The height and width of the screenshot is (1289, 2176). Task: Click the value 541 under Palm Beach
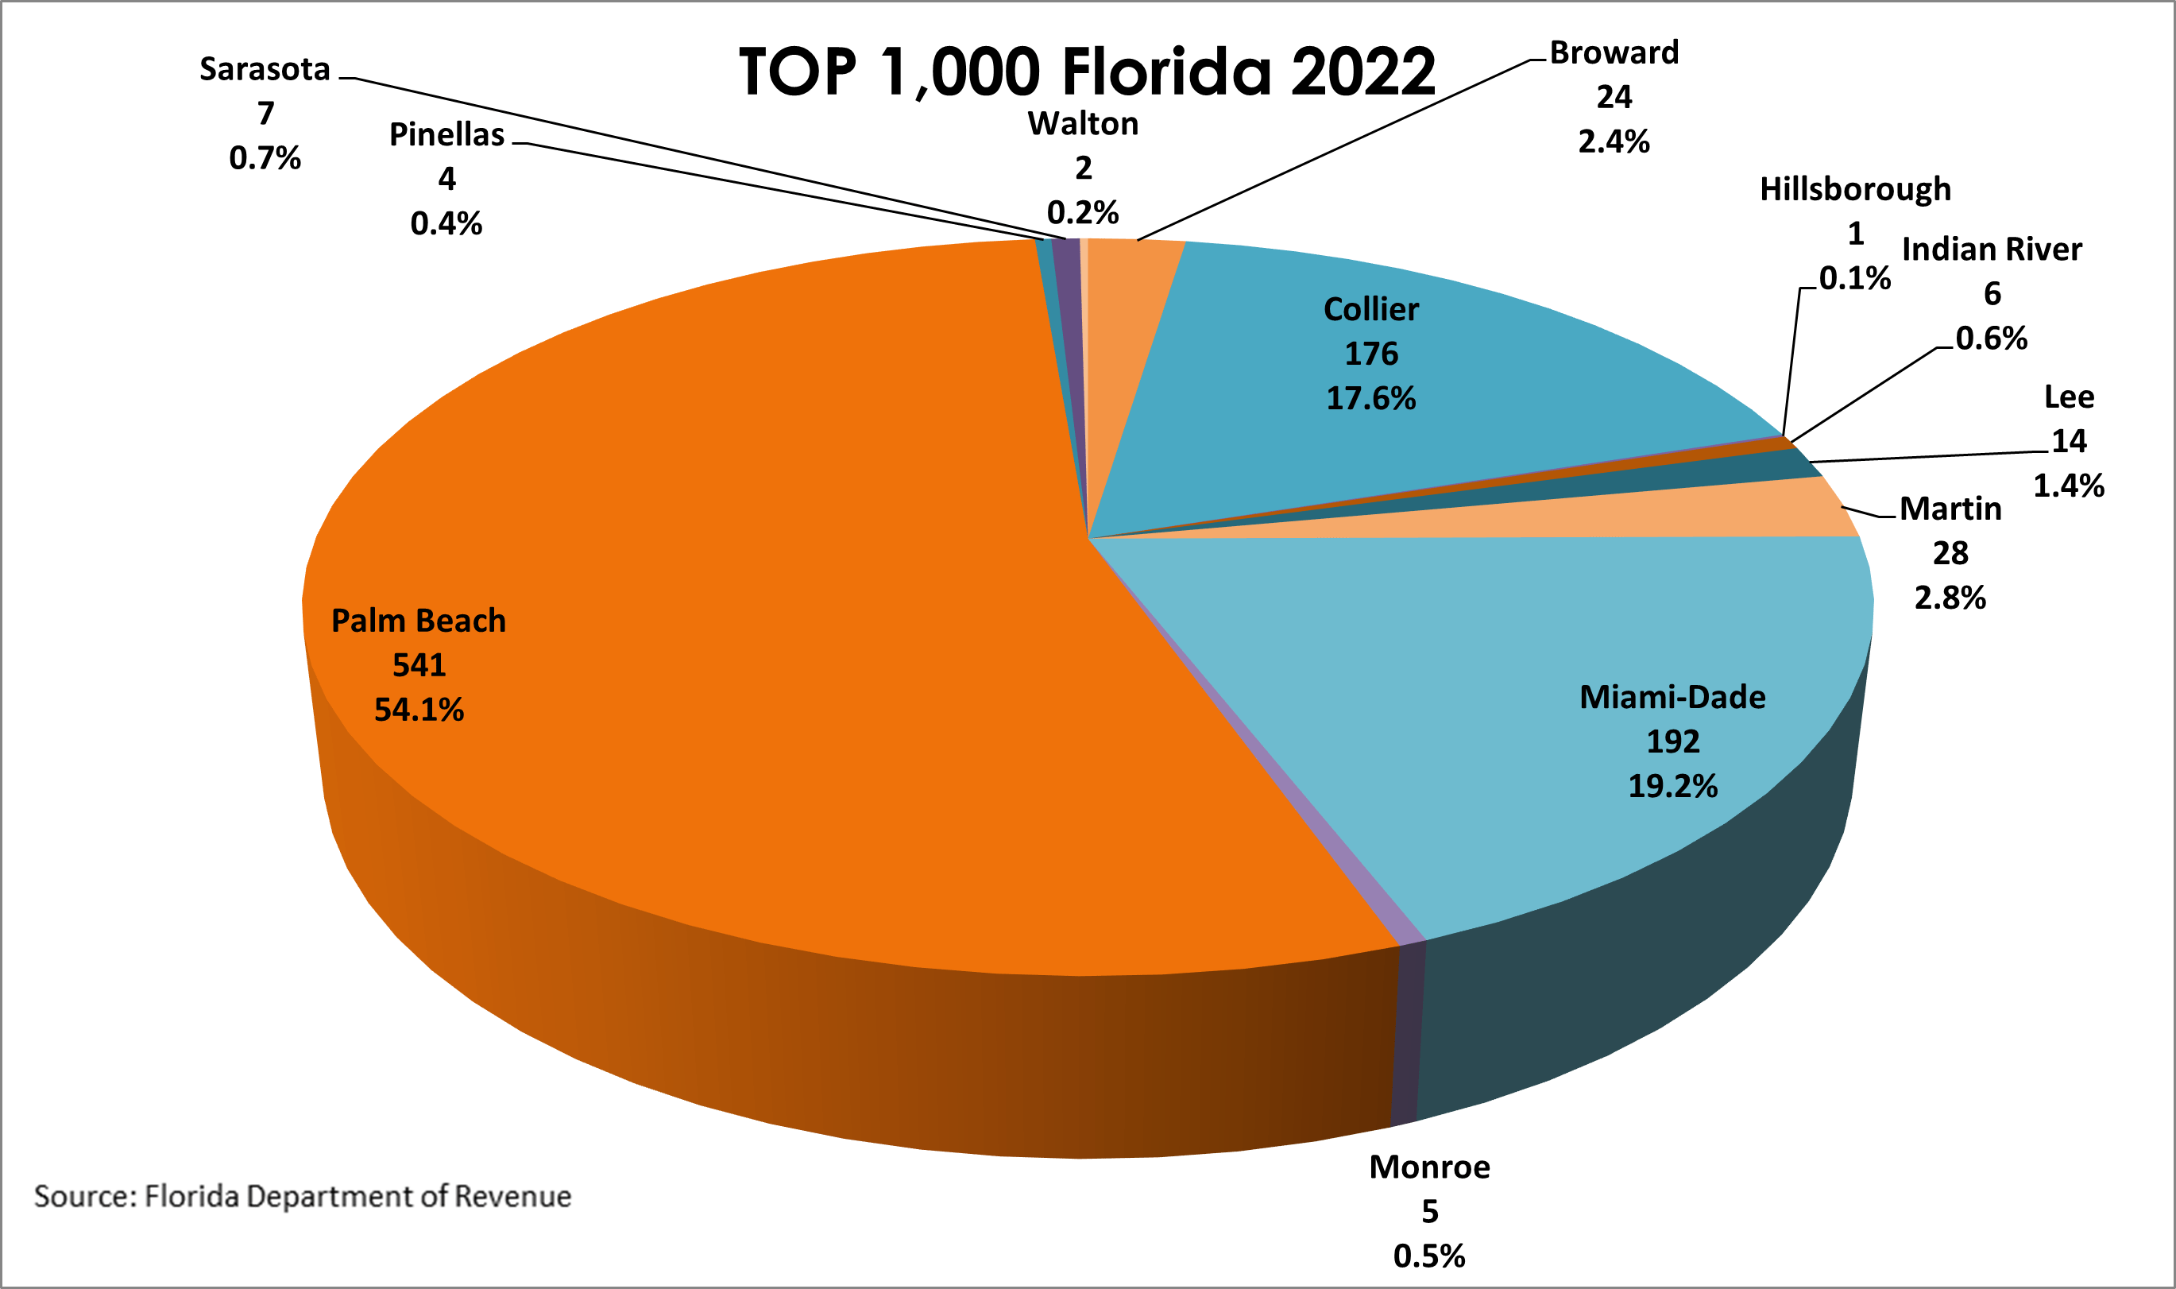(x=419, y=665)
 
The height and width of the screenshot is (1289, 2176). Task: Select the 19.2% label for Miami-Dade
(x=1672, y=786)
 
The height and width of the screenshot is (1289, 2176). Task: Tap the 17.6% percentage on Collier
(x=1370, y=399)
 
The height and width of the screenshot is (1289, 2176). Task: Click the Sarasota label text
(x=265, y=69)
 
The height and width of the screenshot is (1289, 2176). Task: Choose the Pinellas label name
(x=446, y=134)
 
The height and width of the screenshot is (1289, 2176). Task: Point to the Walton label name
(x=1083, y=124)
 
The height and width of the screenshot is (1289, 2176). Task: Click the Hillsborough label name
(x=1855, y=189)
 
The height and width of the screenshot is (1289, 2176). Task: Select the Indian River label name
(x=1992, y=250)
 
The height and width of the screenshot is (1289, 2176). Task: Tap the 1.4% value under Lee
(x=2068, y=486)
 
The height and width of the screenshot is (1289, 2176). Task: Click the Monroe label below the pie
(x=1429, y=1167)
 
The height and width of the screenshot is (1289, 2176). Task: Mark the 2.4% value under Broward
(x=1614, y=141)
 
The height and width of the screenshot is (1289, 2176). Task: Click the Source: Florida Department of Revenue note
(x=302, y=1196)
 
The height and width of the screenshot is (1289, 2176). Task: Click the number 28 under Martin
(x=1950, y=553)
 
